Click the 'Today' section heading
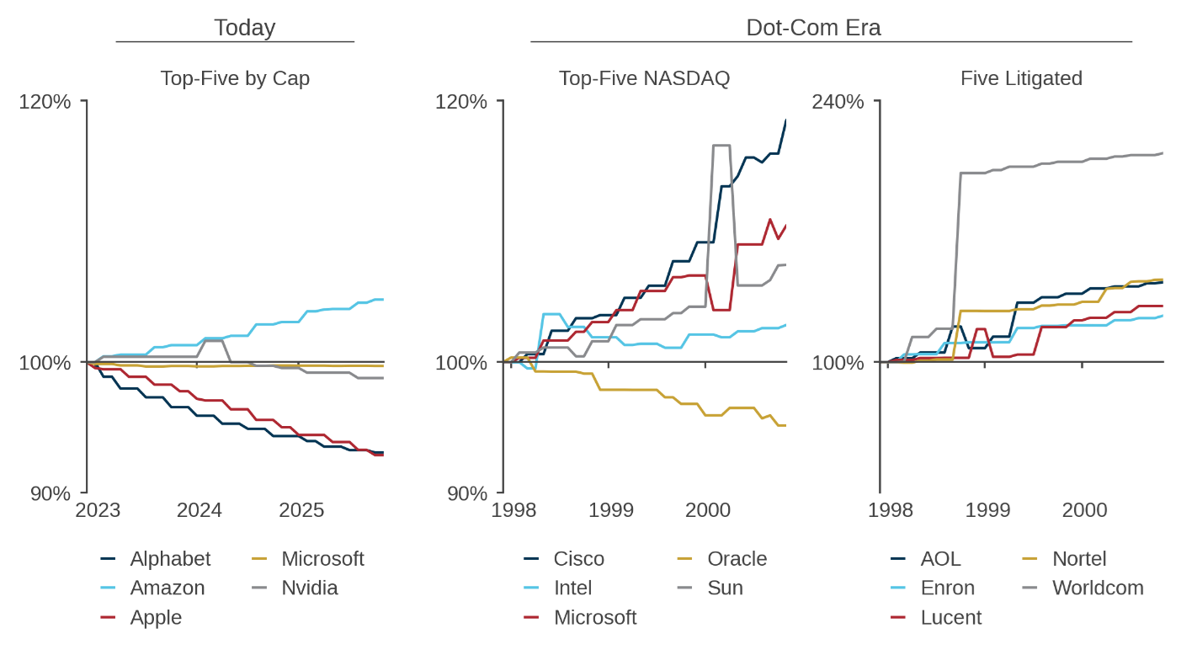(244, 28)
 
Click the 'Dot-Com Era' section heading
(813, 28)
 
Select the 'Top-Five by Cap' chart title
(235, 78)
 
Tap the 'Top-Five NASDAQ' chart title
(645, 78)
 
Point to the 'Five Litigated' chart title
(1021, 78)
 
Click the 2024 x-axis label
(199, 511)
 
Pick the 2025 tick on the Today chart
(301, 511)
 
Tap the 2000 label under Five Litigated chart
(1084, 511)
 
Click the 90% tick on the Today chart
(51, 493)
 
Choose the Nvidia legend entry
(309, 588)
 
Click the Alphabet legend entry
(170, 559)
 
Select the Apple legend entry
(156, 617)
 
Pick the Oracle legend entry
(737, 559)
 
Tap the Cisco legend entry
(579, 559)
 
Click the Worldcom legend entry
(1098, 588)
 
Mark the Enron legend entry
(948, 588)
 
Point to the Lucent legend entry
(951, 617)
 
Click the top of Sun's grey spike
(721, 146)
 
